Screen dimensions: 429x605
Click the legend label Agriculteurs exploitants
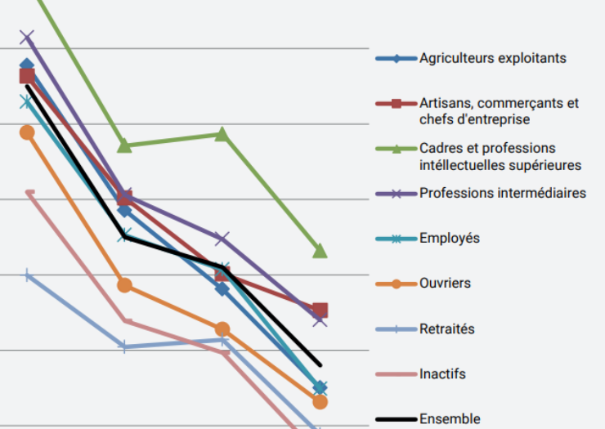(492, 58)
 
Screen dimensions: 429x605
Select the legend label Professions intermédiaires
(502, 194)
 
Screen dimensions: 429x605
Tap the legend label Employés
(449, 239)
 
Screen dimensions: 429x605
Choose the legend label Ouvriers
(445, 284)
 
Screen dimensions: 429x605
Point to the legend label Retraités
(446, 329)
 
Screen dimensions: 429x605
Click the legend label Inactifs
(442, 374)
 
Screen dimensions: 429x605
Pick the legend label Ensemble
(450, 418)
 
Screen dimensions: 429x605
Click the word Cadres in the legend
(441, 149)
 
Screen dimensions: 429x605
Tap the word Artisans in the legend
(444, 104)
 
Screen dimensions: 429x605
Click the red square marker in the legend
(397, 104)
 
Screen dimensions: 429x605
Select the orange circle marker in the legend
(397, 284)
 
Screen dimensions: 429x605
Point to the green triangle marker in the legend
(397, 148)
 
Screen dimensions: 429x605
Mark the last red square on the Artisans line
(320, 310)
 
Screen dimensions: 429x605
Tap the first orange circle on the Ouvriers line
(27, 132)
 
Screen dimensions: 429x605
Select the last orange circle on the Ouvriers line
(320, 401)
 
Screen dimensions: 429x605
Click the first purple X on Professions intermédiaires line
(27, 37)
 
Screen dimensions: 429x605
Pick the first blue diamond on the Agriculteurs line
(27, 65)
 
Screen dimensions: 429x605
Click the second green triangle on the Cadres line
(124, 145)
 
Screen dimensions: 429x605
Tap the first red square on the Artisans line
(27, 77)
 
